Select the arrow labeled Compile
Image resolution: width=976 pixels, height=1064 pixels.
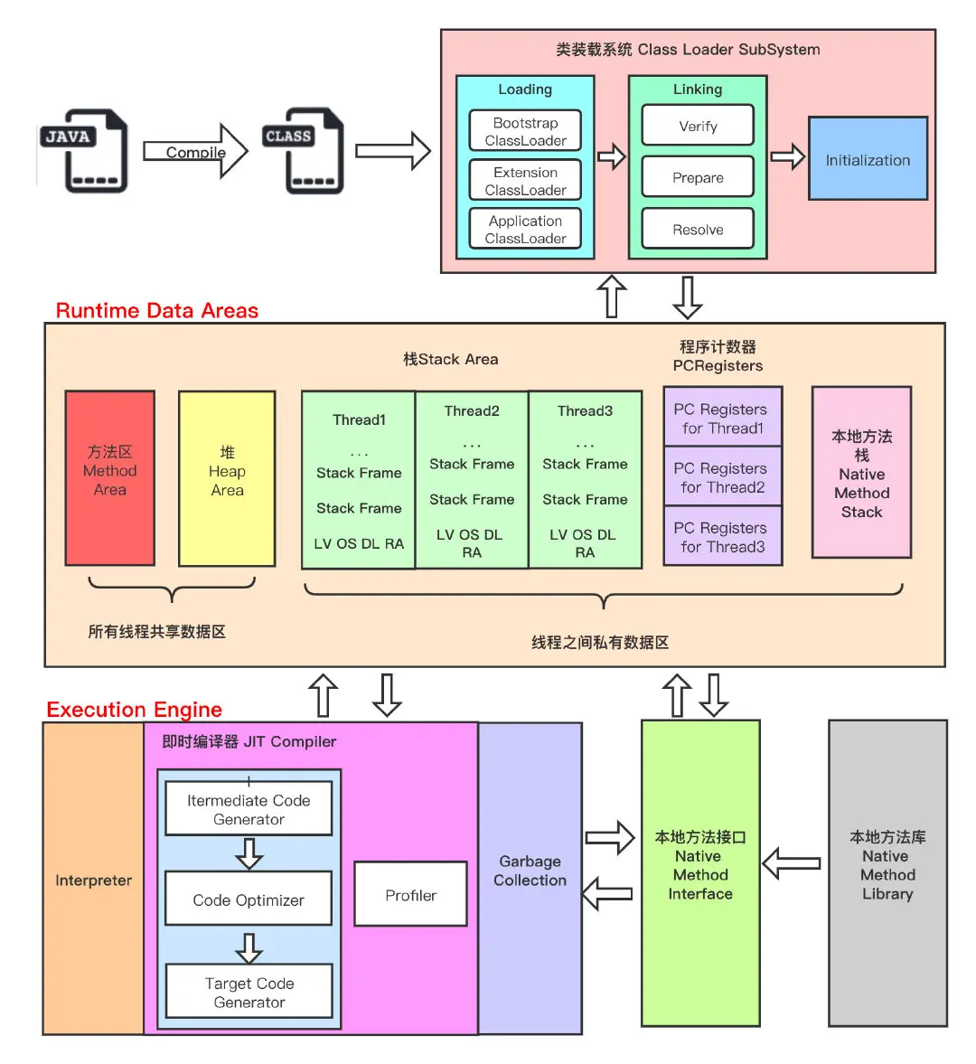(195, 152)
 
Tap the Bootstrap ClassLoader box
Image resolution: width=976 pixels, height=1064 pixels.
(525, 131)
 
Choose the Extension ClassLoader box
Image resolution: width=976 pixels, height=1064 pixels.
(525, 181)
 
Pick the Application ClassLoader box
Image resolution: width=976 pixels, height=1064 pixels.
(525, 230)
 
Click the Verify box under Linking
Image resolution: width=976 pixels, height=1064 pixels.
(698, 126)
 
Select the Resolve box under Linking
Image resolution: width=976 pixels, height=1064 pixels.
(698, 230)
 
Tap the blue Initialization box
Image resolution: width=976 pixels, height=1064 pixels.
(868, 159)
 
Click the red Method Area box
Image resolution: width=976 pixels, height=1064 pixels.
(110, 478)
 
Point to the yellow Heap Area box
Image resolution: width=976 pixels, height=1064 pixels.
(227, 478)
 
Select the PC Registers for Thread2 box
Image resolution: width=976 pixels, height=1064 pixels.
(722, 476)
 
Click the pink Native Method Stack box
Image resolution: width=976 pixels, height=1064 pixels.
(861, 473)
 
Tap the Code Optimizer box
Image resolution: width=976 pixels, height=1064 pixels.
(249, 899)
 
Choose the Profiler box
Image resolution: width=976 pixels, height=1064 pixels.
(410, 894)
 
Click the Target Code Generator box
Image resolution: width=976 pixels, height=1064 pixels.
(249, 992)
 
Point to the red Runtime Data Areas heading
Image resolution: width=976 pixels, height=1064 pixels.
(157, 311)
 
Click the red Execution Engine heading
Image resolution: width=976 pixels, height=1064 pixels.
(134, 710)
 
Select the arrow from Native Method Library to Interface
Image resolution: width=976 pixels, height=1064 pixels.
(792, 864)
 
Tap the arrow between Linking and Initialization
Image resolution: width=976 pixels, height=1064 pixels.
(787, 157)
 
